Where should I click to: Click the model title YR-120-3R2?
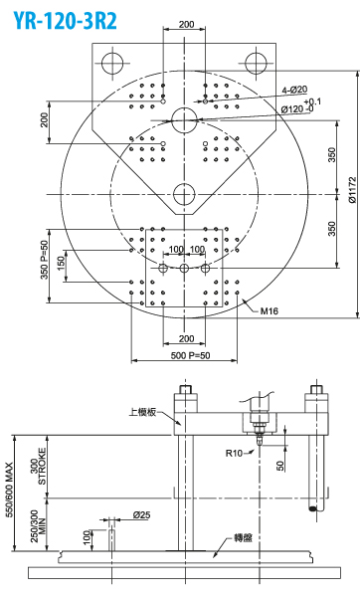point(66,21)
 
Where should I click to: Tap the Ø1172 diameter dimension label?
point(353,196)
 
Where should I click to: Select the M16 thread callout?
point(270,311)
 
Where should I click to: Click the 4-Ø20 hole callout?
point(294,90)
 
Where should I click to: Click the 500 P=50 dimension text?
point(190,355)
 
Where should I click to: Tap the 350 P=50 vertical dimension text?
point(46,260)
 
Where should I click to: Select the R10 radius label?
point(234,453)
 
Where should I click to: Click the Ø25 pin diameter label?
point(141,515)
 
